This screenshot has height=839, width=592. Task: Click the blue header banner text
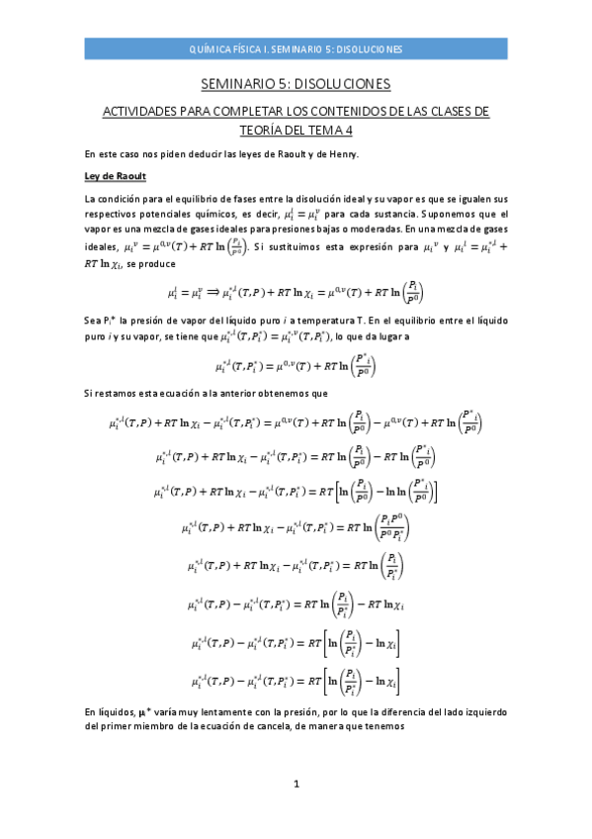(x=296, y=49)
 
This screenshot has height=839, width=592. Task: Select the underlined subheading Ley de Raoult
(x=116, y=176)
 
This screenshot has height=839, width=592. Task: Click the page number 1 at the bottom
(x=296, y=812)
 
